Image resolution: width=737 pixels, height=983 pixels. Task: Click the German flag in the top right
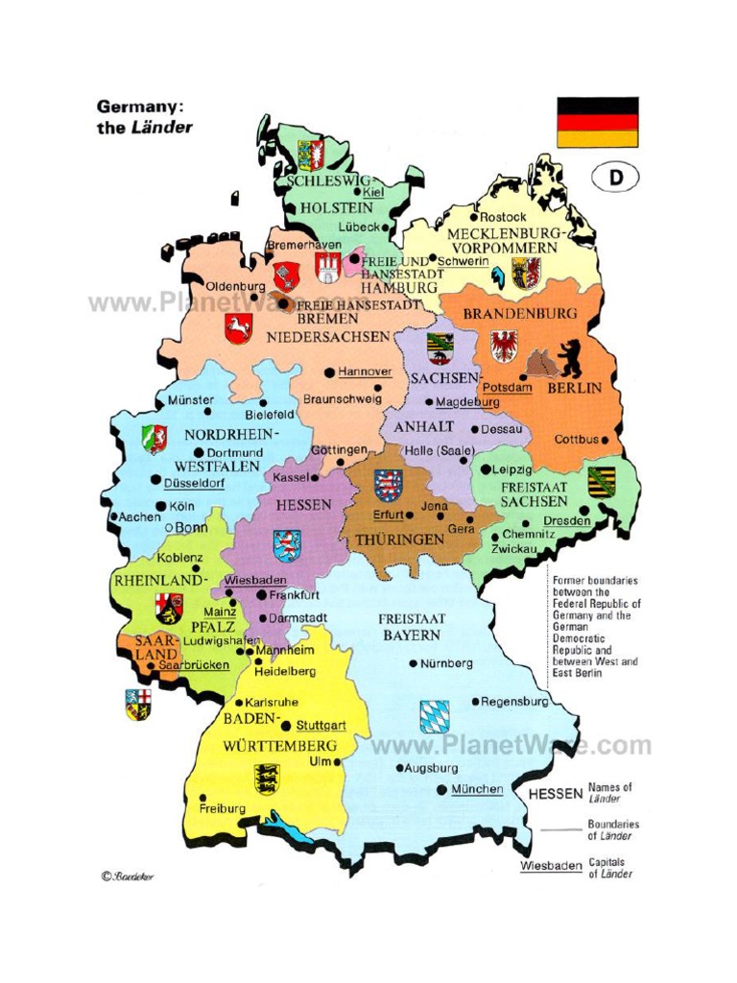(597, 121)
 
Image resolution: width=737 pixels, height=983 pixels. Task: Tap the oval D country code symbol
(614, 179)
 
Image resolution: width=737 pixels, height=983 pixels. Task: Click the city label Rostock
(503, 217)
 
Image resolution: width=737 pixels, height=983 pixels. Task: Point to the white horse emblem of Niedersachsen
(238, 327)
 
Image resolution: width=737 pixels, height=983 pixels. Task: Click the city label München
(477, 789)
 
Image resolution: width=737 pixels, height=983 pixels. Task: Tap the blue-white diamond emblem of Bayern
(433, 716)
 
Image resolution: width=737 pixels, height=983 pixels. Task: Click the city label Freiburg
(223, 808)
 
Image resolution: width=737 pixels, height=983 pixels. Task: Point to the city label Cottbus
(576, 439)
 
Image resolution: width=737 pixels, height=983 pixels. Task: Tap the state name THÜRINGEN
(400, 539)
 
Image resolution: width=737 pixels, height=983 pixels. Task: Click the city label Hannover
(366, 372)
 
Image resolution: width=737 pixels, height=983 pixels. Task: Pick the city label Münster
(184, 399)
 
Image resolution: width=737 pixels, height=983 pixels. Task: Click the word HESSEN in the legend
(555, 794)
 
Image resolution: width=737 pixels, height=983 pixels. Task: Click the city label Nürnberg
(446, 663)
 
